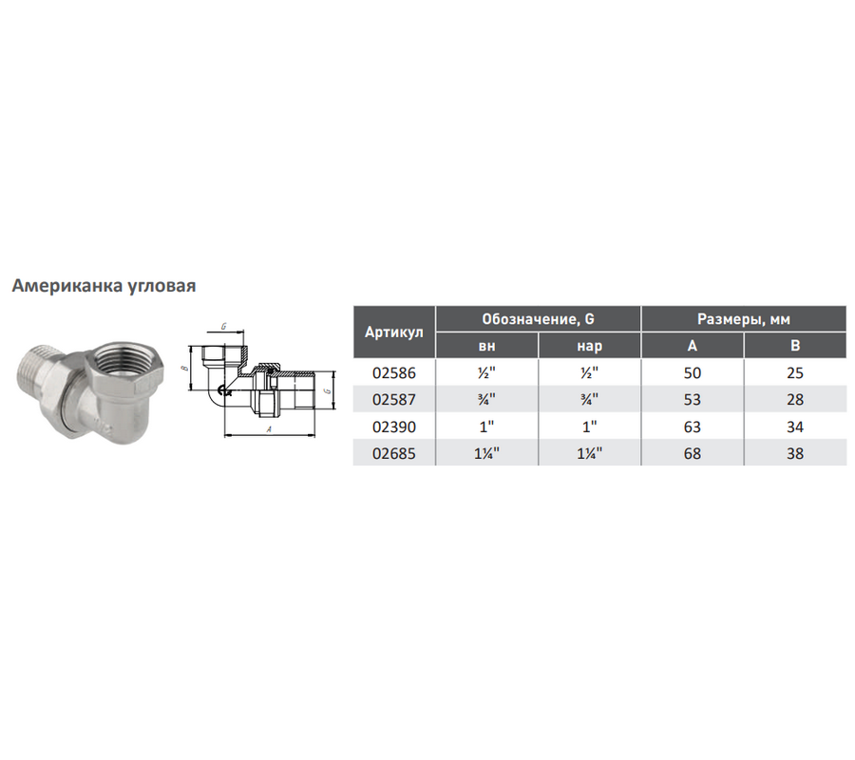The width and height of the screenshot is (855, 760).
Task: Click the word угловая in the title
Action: coord(161,287)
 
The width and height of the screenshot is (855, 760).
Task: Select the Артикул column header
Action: coord(393,332)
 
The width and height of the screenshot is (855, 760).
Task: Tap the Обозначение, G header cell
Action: coord(538,319)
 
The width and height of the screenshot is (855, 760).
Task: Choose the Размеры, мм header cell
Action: coord(743,319)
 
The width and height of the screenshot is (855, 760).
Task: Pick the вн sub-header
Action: coord(486,346)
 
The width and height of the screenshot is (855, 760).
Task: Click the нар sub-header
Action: coord(589,346)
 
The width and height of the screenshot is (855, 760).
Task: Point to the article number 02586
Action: coord(393,373)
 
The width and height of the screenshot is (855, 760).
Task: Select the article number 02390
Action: coord(393,427)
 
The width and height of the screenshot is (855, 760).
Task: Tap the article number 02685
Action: coord(393,453)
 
